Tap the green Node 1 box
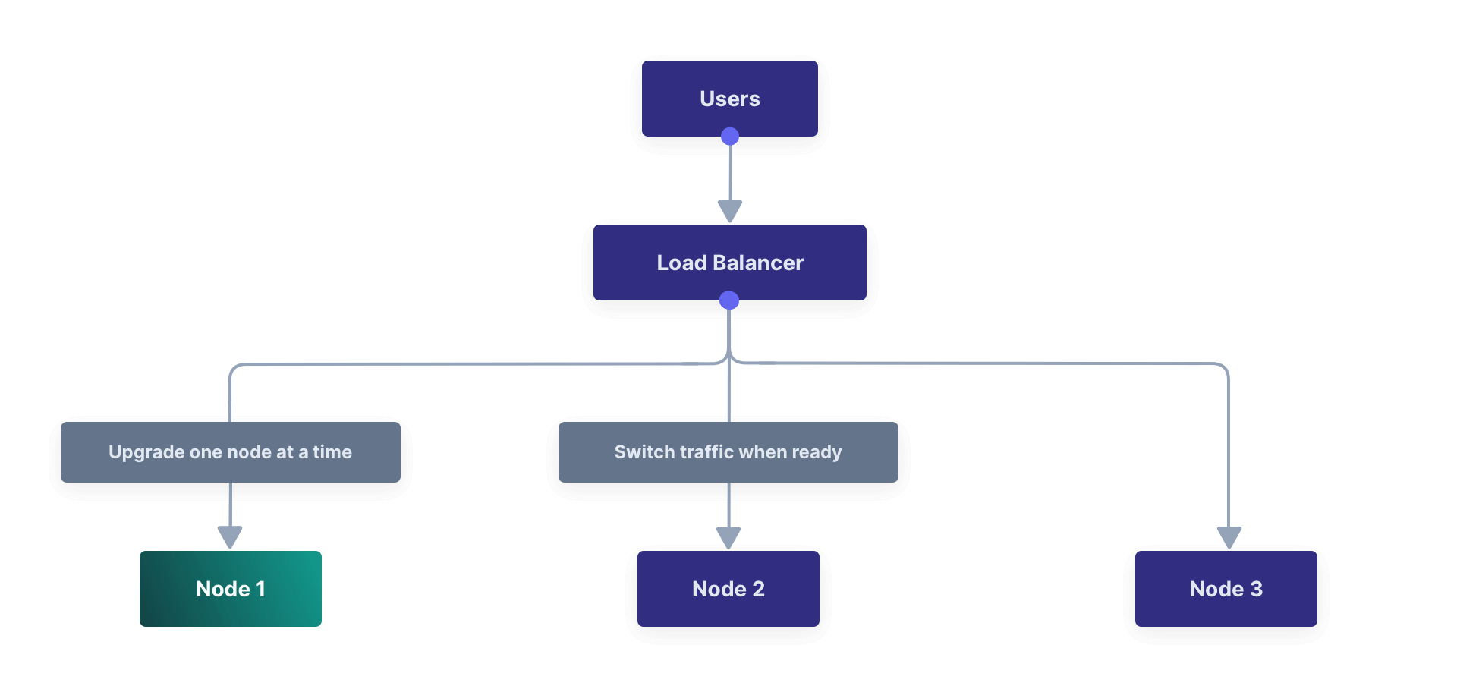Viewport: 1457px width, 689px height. point(230,589)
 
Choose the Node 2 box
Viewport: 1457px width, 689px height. point(728,589)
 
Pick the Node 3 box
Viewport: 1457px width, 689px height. point(1226,589)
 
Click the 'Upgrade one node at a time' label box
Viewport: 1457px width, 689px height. point(230,452)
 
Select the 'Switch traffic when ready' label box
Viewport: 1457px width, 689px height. point(728,452)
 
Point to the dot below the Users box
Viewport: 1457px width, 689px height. point(730,137)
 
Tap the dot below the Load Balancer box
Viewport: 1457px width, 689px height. point(729,300)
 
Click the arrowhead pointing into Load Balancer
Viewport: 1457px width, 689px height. point(730,211)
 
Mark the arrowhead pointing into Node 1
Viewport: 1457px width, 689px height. point(230,536)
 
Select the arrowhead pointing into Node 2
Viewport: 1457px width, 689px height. point(728,537)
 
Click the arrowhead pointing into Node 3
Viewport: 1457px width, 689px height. point(1229,537)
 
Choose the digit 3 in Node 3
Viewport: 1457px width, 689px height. point(1257,589)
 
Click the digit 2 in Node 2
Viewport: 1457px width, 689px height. point(758,589)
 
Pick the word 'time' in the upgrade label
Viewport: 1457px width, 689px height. point(332,452)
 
